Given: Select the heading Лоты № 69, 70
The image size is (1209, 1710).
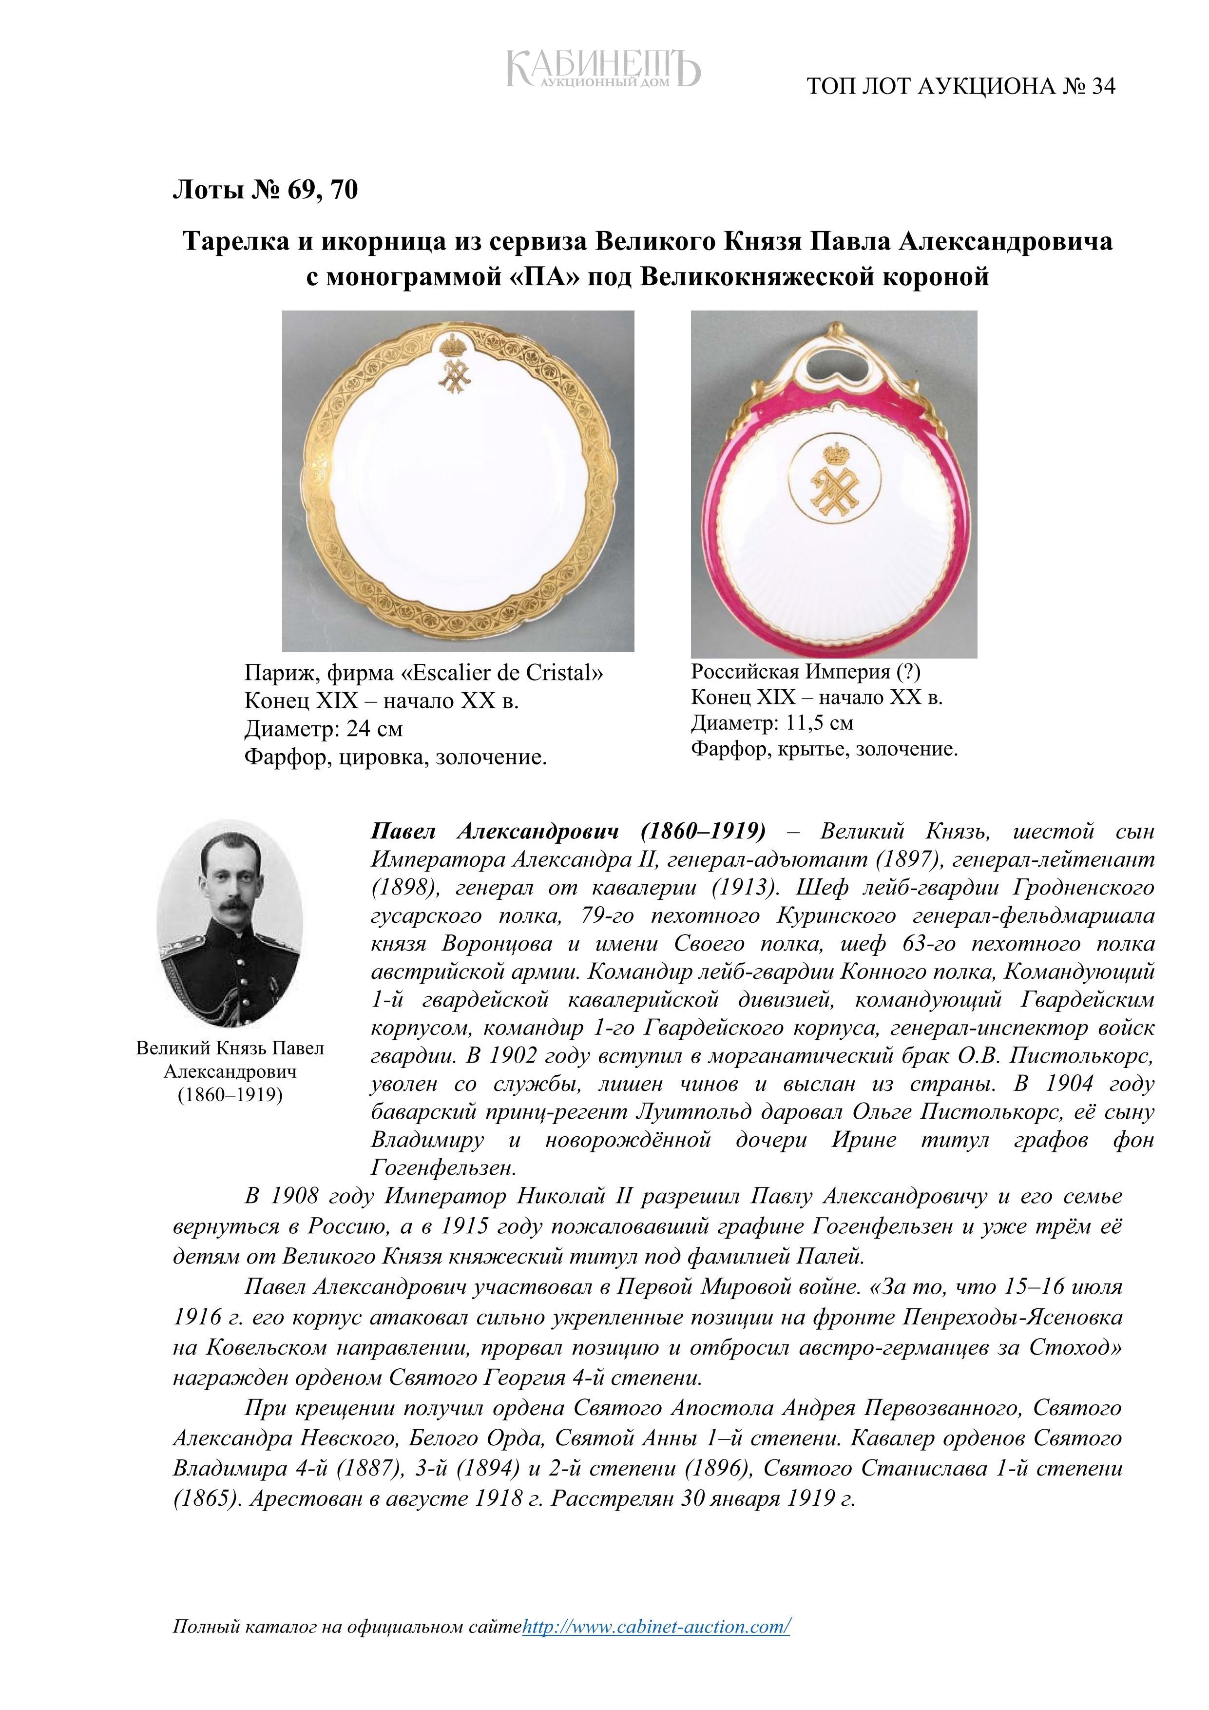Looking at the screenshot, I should pyautogui.click(x=265, y=190).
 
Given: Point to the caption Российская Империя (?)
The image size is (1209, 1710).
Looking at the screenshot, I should pyautogui.click(x=806, y=672).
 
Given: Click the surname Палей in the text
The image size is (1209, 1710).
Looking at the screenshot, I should pyautogui.click(x=827, y=1258).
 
